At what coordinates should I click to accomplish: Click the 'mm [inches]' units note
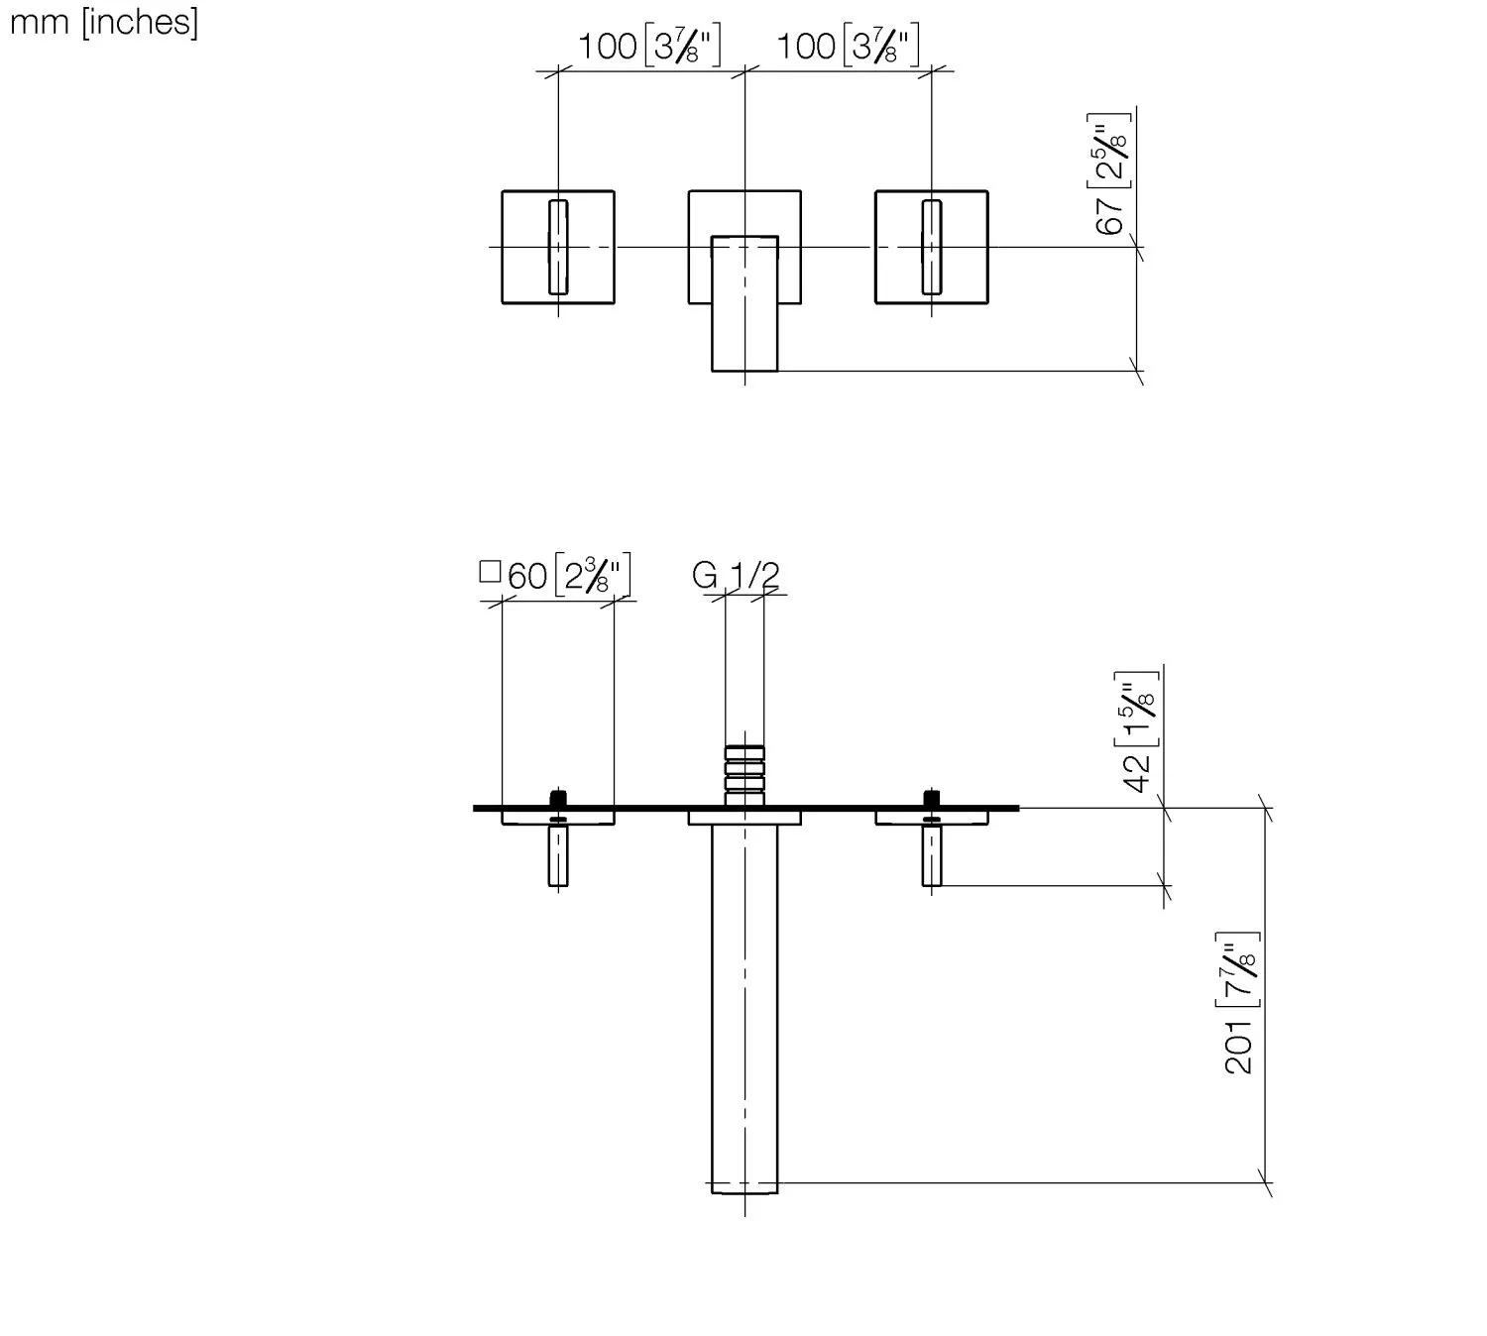pos(103,21)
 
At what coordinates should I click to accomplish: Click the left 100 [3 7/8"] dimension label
pos(649,47)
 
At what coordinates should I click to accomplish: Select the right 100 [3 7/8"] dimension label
pos(848,47)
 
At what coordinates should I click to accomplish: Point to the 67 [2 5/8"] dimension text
pos(1111,173)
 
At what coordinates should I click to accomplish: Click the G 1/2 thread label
pos(736,575)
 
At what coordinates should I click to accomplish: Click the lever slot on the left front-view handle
pos(558,247)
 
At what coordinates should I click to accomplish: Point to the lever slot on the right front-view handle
pos(931,247)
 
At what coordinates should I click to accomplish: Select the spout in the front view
pos(744,302)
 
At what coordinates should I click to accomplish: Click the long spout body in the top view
pos(744,1001)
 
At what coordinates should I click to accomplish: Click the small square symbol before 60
pos(490,572)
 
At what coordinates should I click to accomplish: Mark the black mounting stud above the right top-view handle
pos(932,798)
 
